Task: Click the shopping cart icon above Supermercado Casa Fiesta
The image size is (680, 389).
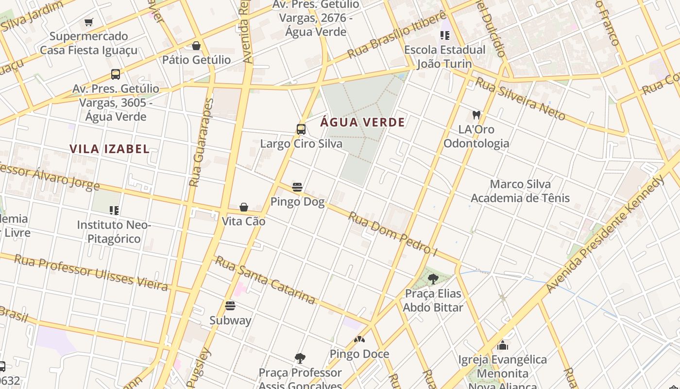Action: click(88, 22)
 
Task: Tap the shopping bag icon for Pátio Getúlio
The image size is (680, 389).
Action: click(196, 46)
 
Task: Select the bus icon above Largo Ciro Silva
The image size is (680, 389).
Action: click(301, 129)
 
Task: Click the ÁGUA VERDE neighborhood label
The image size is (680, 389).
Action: click(362, 122)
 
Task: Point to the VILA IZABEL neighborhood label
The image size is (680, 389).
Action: click(109, 149)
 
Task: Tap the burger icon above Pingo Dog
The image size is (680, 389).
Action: click(297, 187)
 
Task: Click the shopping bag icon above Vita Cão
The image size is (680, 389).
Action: click(244, 207)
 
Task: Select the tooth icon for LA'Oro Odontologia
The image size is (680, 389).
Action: click(476, 115)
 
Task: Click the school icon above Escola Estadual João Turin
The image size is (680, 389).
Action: click(444, 35)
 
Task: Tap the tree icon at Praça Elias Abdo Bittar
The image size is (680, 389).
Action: click(433, 279)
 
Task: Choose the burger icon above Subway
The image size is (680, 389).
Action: click(230, 306)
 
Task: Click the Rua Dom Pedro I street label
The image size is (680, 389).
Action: click(392, 233)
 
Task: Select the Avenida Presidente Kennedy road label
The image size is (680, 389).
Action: click(605, 234)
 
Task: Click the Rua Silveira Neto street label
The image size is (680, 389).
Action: click(520, 99)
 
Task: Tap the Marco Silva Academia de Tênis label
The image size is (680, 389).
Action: click(520, 191)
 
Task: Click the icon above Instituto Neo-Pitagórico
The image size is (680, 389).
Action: click(114, 211)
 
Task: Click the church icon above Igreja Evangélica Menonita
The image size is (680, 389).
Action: click(503, 346)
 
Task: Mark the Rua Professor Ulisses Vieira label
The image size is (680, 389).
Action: click(91, 272)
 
